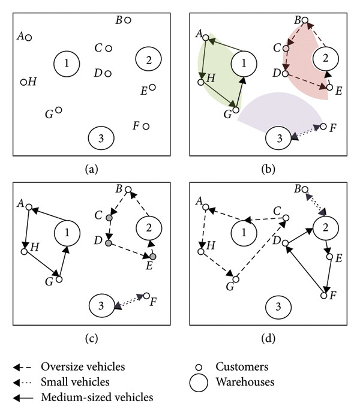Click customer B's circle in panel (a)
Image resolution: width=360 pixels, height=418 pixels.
point(127,20)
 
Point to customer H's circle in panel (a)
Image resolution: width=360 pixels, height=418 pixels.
point(24,82)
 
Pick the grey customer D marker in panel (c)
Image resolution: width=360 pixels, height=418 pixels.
point(108,244)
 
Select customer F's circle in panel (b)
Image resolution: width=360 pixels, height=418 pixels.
point(324,127)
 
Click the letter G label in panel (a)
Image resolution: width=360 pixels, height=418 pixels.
point(49,113)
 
